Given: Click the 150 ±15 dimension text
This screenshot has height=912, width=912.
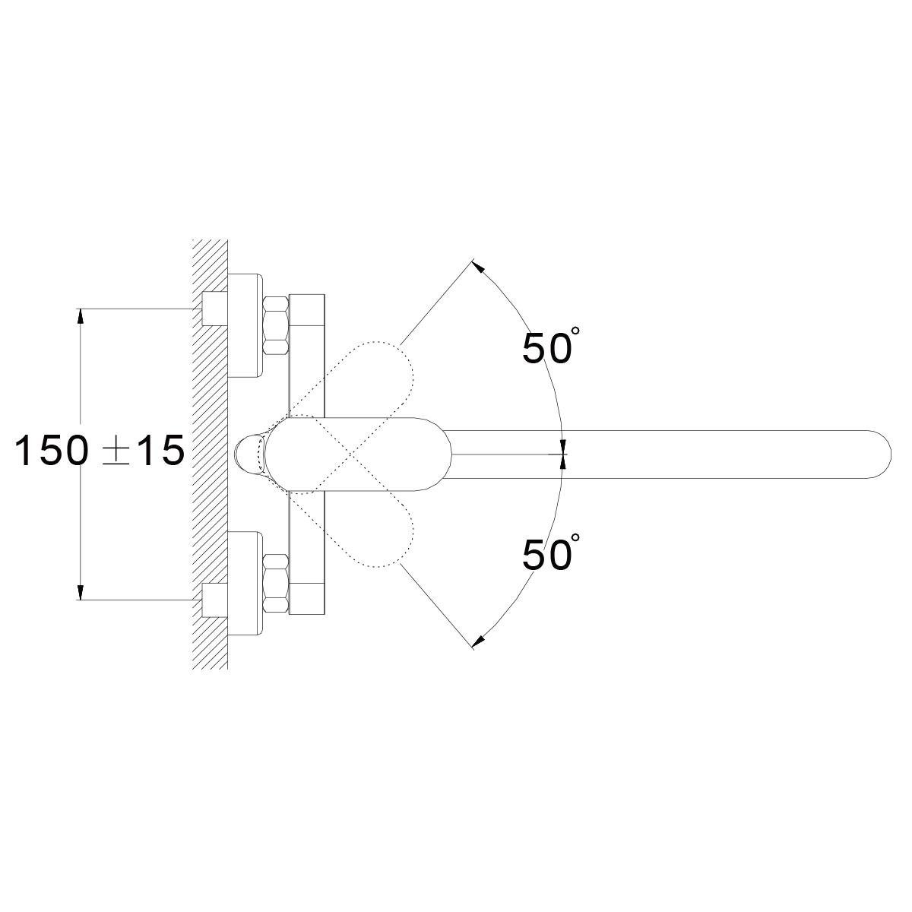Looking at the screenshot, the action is pyautogui.click(x=100, y=450).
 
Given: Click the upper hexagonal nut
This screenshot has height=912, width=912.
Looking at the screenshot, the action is pyautogui.click(x=275, y=325).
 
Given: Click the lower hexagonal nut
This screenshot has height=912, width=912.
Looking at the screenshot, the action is pyautogui.click(x=275, y=584).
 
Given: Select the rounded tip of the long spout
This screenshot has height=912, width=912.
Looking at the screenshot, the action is pyautogui.click(x=882, y=454).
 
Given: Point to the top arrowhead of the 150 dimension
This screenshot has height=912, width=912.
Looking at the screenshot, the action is pyautogui.click(x=81, y=317).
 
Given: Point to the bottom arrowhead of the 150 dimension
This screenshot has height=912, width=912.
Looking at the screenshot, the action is pyautogui.click(x=81, y=591).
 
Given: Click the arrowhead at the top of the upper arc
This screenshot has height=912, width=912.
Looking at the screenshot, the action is pyautogui.click(x=479, y=268).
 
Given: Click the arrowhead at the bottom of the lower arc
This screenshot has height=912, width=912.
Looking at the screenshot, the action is pyautogui.click(x=479, y=641).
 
